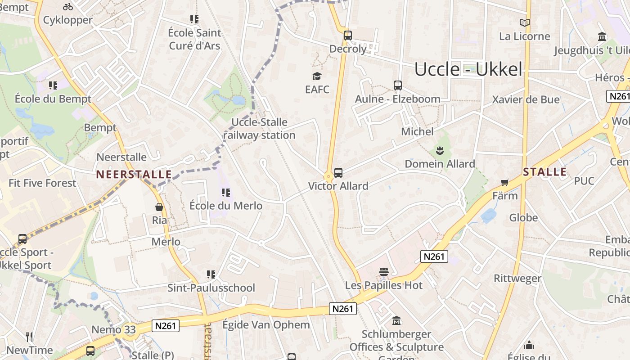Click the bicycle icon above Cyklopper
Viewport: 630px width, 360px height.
tap(68, 7)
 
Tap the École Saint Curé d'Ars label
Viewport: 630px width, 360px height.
tap(194, 39)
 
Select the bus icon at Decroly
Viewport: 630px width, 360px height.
tap(347, 36)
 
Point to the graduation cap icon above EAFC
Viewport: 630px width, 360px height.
tap(317, 76)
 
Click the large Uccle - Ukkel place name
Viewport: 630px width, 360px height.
tap(468, 69)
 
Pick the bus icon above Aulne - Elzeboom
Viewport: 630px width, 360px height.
tap(397, 85)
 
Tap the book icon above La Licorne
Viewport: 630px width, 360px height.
tap(524, 23)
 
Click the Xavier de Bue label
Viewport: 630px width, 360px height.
tap(526, 99)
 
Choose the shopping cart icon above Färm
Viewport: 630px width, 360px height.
tap(505, 182)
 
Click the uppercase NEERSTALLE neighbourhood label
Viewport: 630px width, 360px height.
tap(134, 175)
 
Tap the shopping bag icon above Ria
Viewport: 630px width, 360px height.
tap(159, 207)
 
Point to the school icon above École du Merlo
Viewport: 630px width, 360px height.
tap(226, 193)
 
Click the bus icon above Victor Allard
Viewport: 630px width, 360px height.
tap(338, 173)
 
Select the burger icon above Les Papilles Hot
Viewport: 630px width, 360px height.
tap(383, 272)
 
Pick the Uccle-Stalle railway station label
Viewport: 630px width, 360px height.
tap(259, 129)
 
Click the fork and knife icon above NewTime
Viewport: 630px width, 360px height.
tap(29, 337)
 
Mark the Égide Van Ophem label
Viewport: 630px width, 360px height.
tap(266, 325)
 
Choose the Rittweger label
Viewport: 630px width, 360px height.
tap(517, 279)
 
